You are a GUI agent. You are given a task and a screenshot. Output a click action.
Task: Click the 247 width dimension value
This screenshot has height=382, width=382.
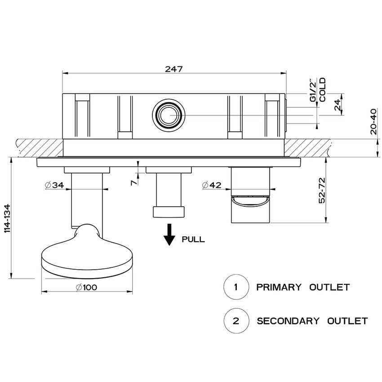coord(173,69)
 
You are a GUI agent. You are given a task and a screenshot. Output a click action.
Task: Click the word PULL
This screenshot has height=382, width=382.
coord(193,240)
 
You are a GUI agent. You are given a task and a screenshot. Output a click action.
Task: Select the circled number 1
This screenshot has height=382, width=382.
coord(236,287)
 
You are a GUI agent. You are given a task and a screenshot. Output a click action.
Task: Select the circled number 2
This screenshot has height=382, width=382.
coord(236,321)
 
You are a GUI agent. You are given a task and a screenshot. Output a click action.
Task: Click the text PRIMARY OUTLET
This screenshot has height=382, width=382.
coord(302,287)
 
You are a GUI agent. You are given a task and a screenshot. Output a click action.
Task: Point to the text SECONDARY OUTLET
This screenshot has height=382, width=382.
coord(312,321)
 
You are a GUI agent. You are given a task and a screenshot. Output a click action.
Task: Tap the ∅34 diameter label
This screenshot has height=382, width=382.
coord(54,185)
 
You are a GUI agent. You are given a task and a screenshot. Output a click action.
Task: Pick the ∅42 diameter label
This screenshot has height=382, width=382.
coord(211,185)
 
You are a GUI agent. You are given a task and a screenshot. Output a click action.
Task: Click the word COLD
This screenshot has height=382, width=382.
coord(322,90)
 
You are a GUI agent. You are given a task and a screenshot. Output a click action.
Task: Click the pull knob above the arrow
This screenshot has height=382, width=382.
coord(169,211)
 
